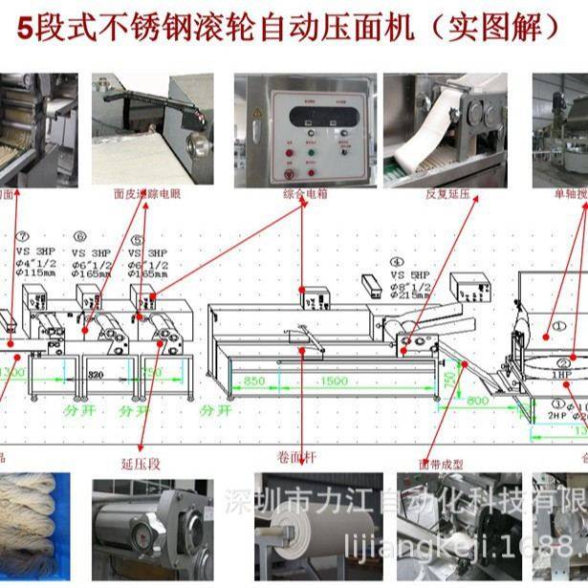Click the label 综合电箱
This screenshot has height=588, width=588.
coord(301,194)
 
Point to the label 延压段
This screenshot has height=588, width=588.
coord(140,458)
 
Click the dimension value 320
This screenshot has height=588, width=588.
coord(95,376)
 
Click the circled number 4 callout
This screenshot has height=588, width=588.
coord(396,259)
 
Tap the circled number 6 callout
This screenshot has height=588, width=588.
coord(80,235)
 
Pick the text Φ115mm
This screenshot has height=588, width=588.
coord(36,273)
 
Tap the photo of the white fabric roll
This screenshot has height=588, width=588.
coord(303,527)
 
